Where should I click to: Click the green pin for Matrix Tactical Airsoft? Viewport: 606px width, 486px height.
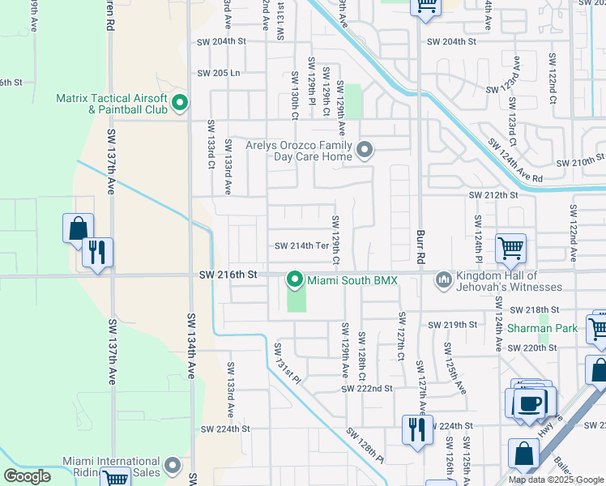pos(180,103)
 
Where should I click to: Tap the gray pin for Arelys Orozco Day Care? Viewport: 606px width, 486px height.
pos(365,149)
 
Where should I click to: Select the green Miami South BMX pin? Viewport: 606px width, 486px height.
pos(294,280)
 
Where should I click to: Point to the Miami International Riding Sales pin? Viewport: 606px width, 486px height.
pos(172,466)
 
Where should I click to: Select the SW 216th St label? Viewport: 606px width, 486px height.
pos(228,275)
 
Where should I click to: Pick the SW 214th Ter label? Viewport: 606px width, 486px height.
pos(301,246)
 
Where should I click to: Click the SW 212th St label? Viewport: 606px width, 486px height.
pos(493,195)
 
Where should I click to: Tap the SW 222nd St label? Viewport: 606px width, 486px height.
pos(366,389)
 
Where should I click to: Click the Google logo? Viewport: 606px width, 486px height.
pos(28,476)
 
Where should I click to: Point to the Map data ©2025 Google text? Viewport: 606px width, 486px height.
pos(556,480)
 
